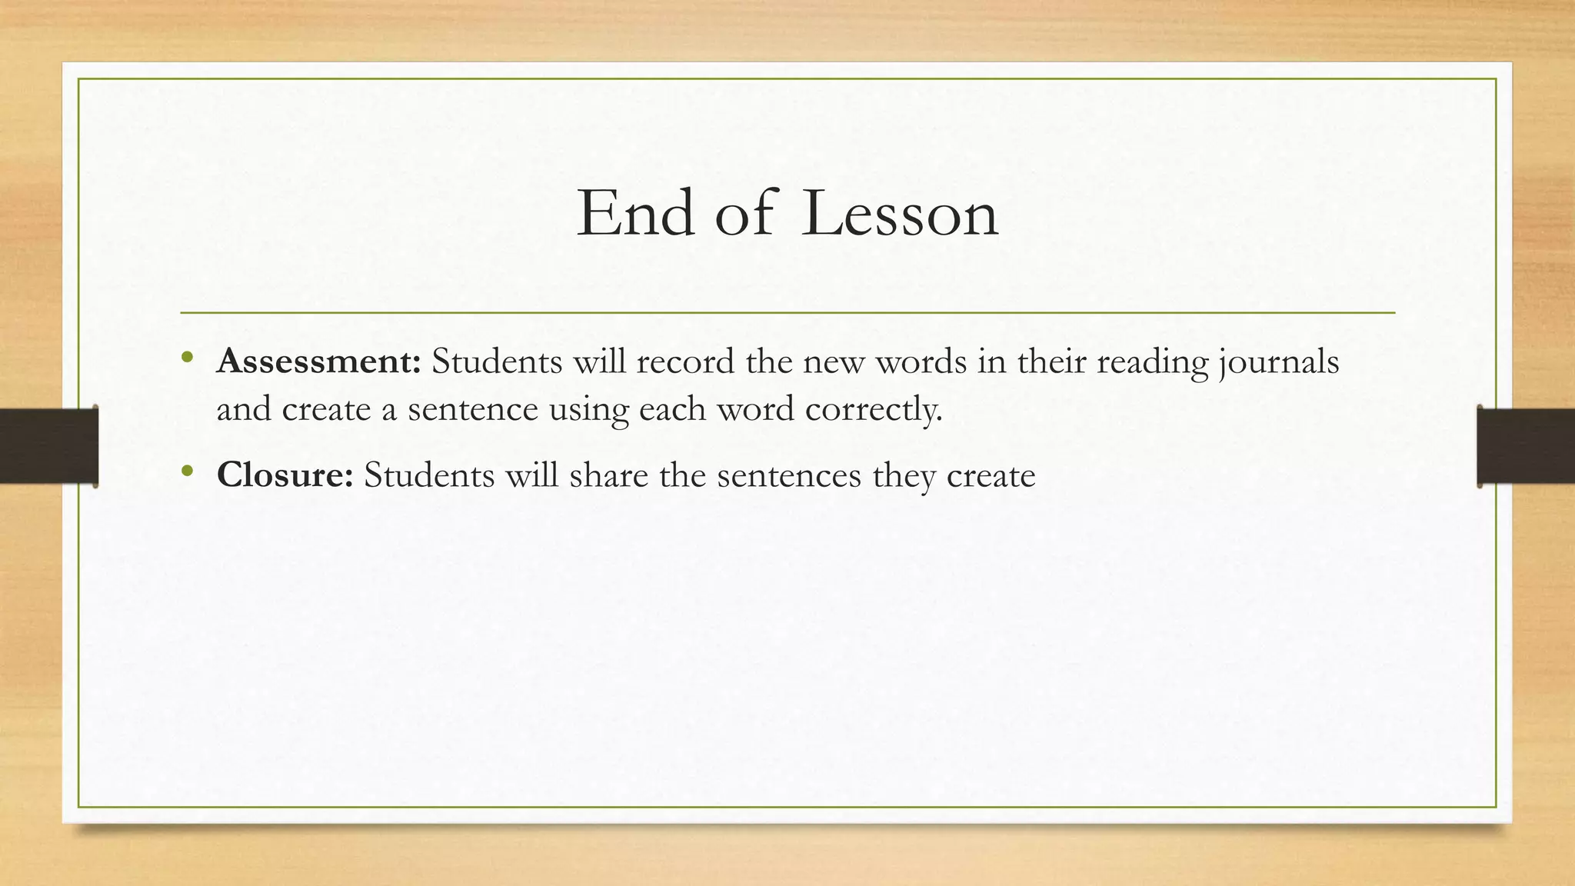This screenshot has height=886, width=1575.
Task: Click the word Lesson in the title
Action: (x=900, y=213)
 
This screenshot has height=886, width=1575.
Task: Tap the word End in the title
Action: (x=635, y=213)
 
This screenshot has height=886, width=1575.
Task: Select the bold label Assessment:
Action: (x=318, y=361)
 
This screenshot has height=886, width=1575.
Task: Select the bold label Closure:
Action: (x=285, y=475)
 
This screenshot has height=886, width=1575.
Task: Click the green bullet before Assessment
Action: (x=187, y=356)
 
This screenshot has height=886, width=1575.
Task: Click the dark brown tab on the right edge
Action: (x=1526, y=446)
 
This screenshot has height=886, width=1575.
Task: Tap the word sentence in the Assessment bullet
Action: (x=472, y=409)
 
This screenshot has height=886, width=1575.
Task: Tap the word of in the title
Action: (x=744, y=213)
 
